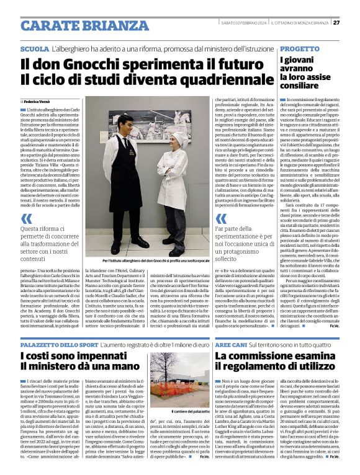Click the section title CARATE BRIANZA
[x=76, y=25]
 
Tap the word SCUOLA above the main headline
[x=34, y=48]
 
